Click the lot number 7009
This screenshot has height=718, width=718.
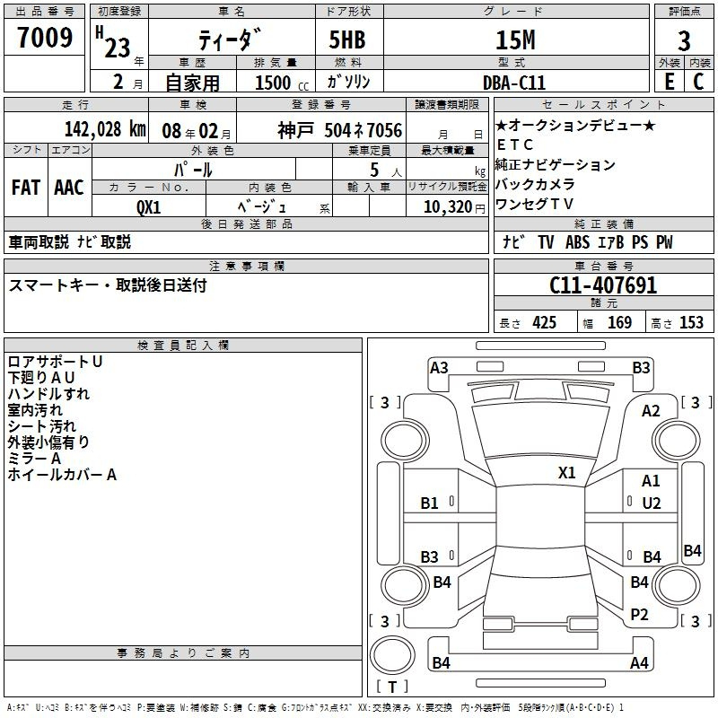click(x=45, y=39)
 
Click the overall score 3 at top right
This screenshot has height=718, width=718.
click(x=684, y=41)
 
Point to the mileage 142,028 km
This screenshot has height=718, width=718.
click(x=105, y=129)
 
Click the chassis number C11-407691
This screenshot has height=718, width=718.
click(x=602, y=285)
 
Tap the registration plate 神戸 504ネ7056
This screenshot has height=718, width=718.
click(x=339, y=130)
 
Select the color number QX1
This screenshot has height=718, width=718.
click(x=148, y=206)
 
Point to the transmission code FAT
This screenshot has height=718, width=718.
click(x=25, y=188)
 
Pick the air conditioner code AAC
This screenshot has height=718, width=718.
click(x=69, y=188)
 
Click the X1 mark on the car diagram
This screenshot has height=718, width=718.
click(x=567, y=472)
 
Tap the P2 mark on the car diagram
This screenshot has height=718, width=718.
click(x=639, y=614)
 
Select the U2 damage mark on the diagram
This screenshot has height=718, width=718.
click(x=651, y=503)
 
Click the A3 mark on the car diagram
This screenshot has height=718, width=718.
click(x=439, y=367)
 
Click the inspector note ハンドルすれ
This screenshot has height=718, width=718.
click(x=48, y=394)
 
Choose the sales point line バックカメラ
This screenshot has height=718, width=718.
click(x=535, y=184)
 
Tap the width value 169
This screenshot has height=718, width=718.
click(x=620, y=323)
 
